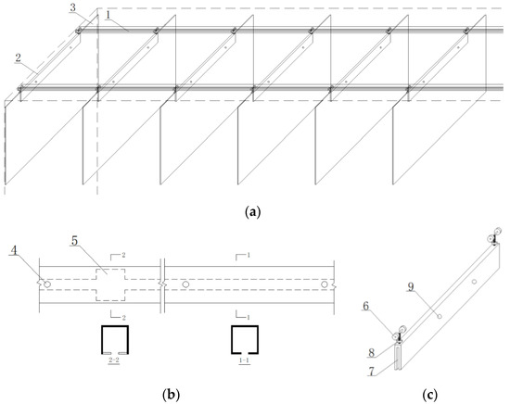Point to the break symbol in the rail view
pos(162,280)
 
